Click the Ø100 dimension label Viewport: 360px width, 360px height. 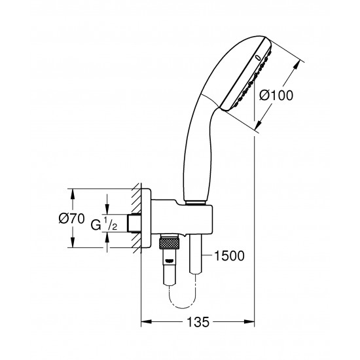(x=276, y=94)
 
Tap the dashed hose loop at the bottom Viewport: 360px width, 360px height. (x=183, y=303)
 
